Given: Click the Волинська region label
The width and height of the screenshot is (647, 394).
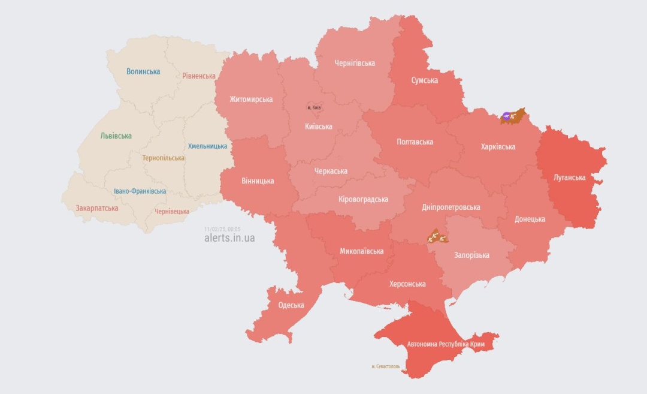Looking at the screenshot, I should (143, 71).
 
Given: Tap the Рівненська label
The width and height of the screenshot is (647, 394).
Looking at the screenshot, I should (199, 76).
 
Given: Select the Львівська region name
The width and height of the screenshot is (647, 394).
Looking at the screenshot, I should (116, 136).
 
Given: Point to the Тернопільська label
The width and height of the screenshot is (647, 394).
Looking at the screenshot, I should (164, 158).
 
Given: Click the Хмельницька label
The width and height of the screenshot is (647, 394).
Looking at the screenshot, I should (207, 146).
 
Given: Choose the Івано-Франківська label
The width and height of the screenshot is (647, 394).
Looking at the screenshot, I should (140, 191).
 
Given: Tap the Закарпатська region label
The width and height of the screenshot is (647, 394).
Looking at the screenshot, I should (97, 208).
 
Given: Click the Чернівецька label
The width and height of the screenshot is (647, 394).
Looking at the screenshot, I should (172, 211).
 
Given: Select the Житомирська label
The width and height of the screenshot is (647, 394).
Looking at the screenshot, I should (251, 99).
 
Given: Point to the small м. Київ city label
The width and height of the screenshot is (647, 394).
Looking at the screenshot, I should (314, 107).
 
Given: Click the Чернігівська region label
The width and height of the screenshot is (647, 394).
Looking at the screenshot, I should (354, 63).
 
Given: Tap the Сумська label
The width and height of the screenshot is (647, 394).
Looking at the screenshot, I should (424, 80).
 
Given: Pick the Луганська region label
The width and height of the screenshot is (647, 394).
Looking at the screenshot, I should (569, 178).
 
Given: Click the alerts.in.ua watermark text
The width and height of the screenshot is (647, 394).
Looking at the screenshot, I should (229, 238).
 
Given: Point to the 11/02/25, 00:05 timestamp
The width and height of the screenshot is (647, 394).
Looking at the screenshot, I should (222, 228).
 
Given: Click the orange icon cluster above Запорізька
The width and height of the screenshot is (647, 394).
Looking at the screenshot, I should (439, 236).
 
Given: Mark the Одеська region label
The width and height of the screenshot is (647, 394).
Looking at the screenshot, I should (291, 305).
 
